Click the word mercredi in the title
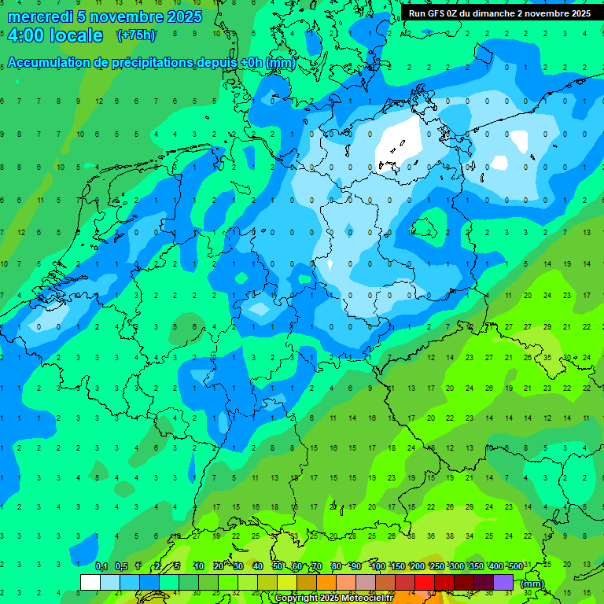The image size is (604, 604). click(40, 17)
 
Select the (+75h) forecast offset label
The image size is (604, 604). click(136, 35)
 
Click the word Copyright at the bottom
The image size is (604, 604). click(296, 598)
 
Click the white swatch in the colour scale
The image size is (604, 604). click(90, 582)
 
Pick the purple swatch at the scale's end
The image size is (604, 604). click(503, 582)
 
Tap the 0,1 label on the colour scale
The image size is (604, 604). click(101, 566)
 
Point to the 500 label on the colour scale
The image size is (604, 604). click(515, 566)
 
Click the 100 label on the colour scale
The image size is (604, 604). click(377, 566)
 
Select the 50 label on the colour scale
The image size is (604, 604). click(278, 566)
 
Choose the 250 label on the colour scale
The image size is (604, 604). click(436, 566)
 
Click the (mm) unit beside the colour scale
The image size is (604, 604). click(532, 584)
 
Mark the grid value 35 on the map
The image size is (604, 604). click(547, 356)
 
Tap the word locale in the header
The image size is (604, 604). click(75, 35)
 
